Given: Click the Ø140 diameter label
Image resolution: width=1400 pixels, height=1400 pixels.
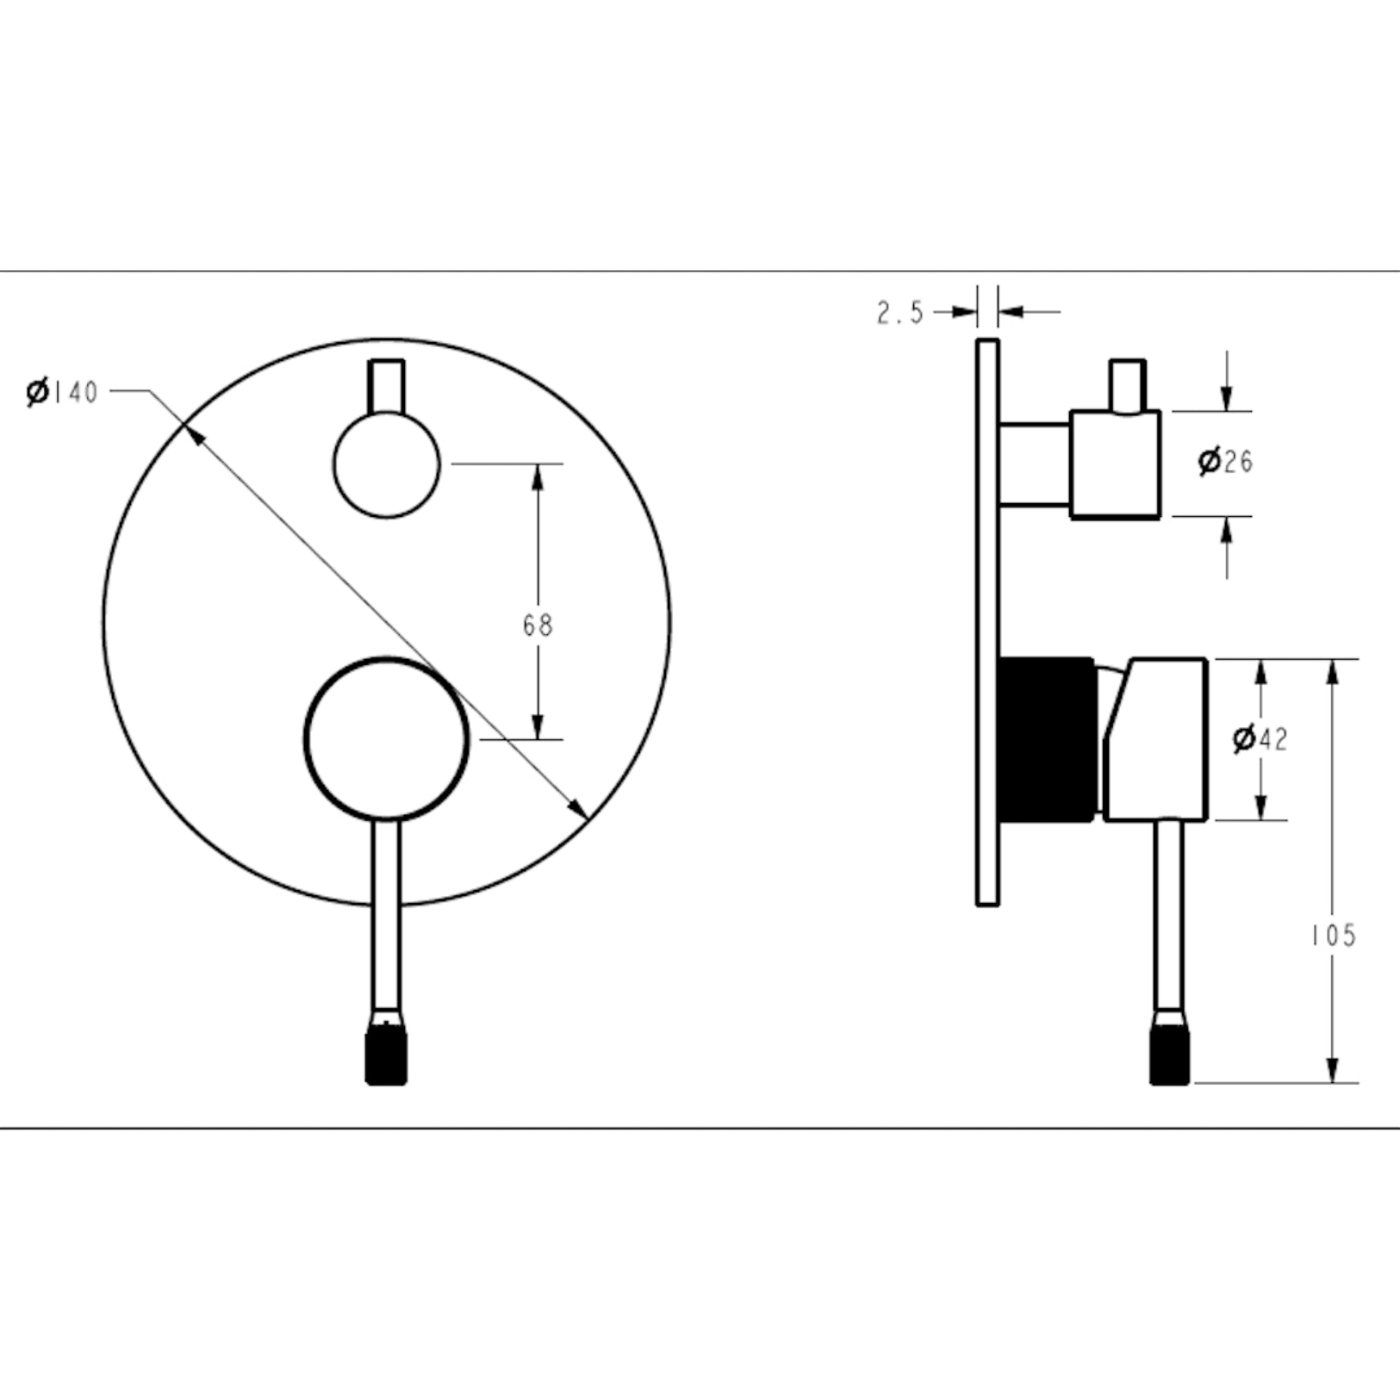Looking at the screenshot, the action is [x=62, y=392].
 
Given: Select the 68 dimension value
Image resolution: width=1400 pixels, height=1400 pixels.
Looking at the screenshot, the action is [x=538, y=625].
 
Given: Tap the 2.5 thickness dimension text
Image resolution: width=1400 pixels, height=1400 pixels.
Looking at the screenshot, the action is [x=900, y=312].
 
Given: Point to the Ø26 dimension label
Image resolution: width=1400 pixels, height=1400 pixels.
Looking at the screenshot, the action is [x=1225, y=462].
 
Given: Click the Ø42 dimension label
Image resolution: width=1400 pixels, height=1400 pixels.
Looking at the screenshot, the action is [x=1260, y=739].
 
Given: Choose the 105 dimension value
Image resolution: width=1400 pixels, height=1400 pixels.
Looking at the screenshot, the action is [x=1334, y=936].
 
